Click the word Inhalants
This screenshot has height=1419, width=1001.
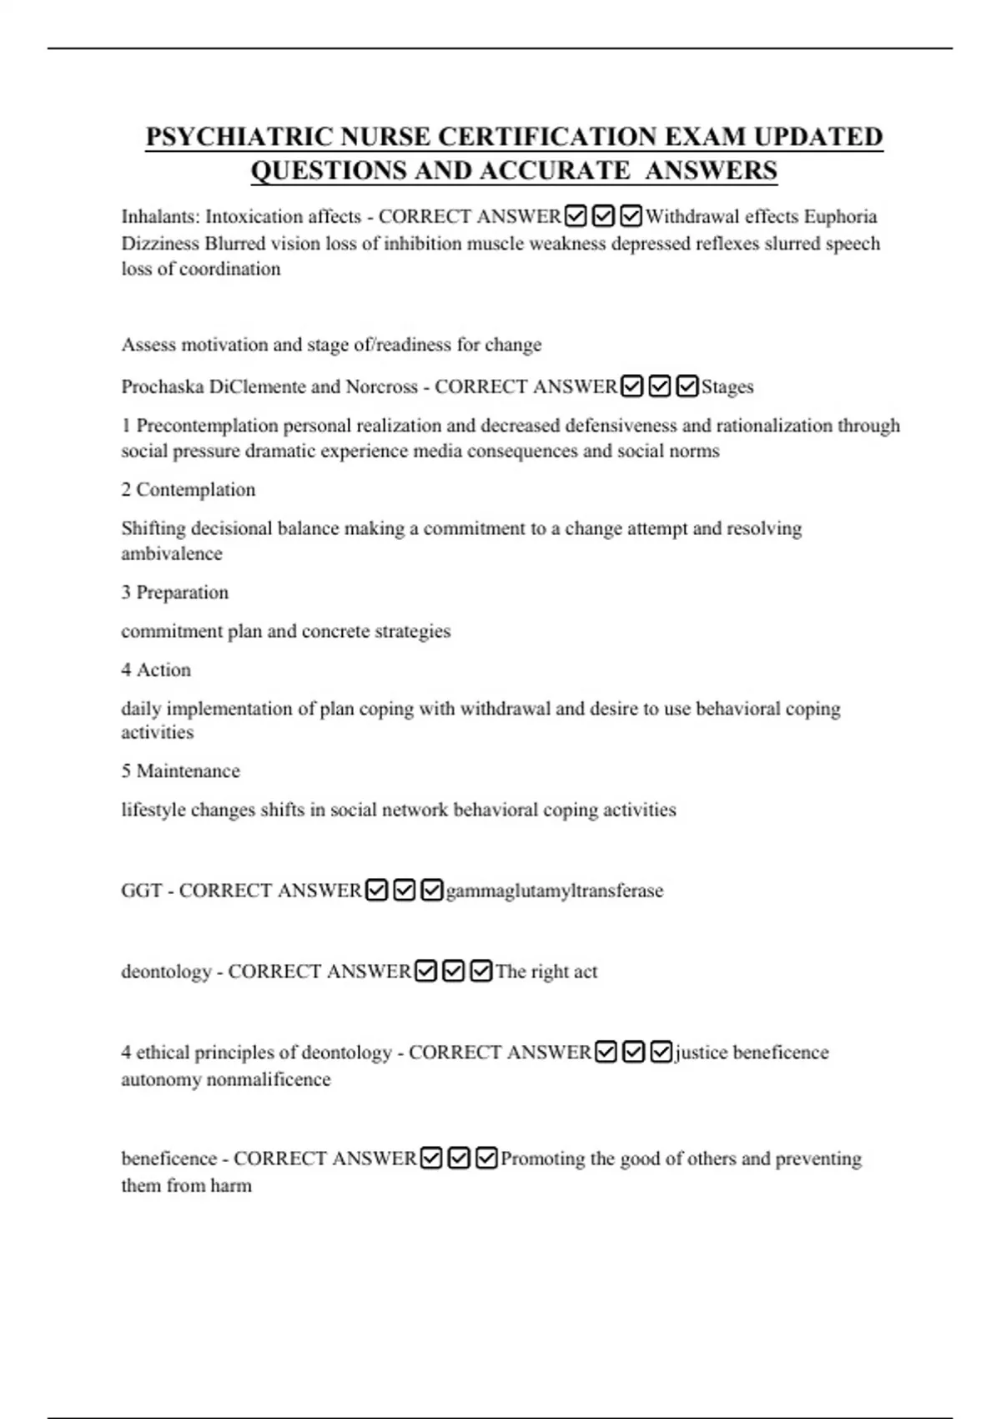click(x=159, y=217)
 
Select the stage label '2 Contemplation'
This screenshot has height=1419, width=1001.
click(x=189, y=490)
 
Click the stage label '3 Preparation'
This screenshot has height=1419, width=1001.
click(x=175, y=593)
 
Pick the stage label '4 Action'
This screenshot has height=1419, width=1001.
click(x=156, y=670)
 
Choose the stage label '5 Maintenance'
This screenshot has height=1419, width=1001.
click(x=181, y=771)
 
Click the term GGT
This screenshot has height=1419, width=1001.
click(x=141, y=891)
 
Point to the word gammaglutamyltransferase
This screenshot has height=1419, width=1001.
click(x=555, y=891)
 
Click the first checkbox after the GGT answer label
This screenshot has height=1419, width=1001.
click(x=377, y=891)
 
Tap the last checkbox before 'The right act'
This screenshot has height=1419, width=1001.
click(x=481, y=972)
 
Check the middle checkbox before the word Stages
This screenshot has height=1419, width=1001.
click(x=660, y=387)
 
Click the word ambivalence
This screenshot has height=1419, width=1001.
click(x=172, y=554)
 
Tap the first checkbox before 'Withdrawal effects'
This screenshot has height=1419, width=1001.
click(x=576, y=217)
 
